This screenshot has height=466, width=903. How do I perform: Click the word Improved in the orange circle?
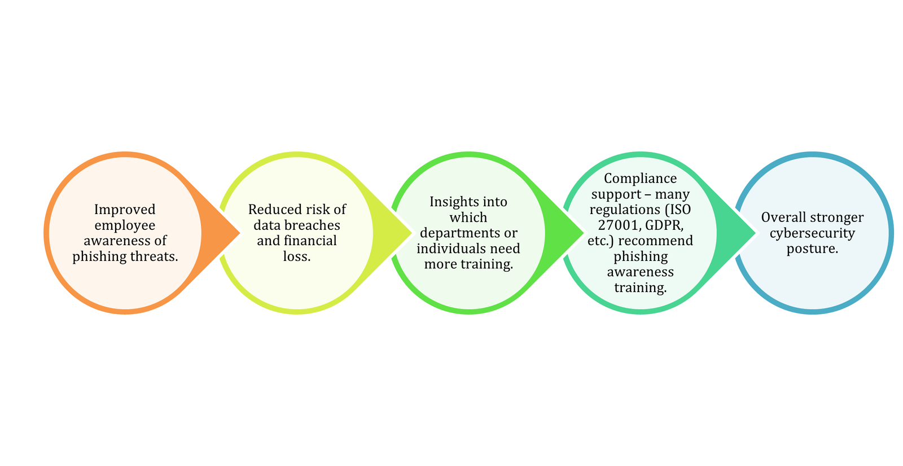124,210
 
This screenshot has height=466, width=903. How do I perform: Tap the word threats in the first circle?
154,256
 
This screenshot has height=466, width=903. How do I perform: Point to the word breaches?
313,225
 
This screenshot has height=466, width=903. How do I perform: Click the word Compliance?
640,178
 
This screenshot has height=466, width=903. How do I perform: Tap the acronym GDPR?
665,225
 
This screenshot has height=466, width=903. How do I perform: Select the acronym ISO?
680,210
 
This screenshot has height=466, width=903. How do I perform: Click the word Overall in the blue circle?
783,217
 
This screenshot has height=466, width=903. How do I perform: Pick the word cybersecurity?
812,233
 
